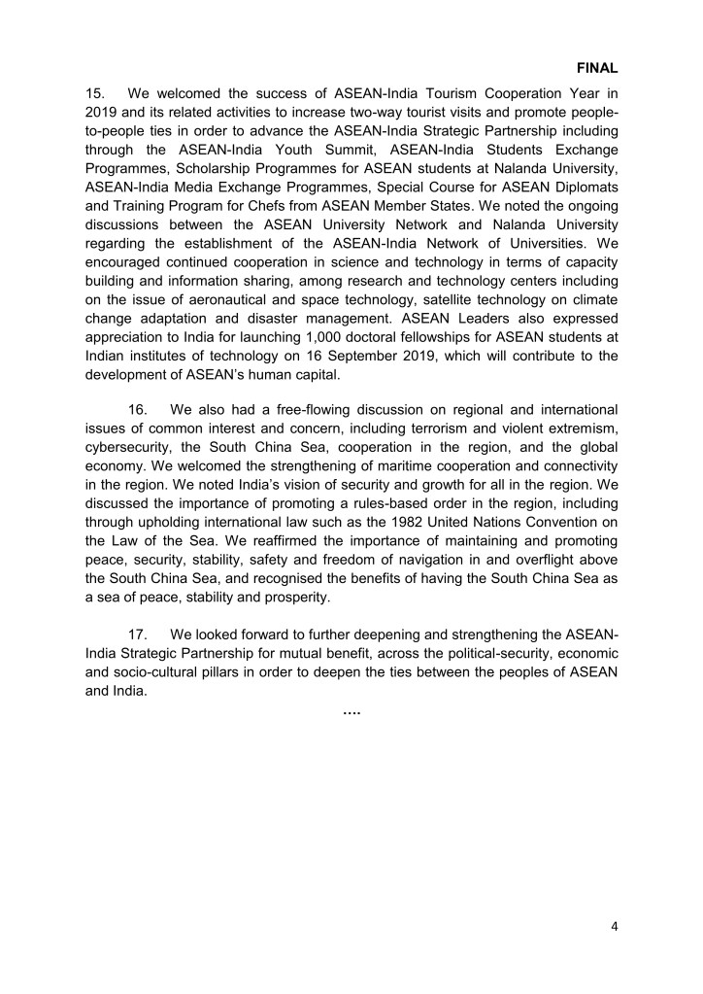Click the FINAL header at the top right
tap(597, 69)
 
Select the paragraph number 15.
tap(95, 95)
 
